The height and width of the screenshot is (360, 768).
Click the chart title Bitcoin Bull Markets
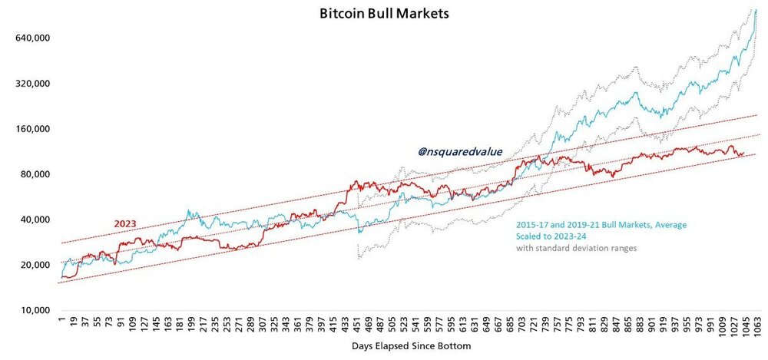[x=384, y=13]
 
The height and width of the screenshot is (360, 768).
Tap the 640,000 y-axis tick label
[x=33, y=38]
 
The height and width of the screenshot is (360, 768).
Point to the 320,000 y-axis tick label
[x=33, y=83]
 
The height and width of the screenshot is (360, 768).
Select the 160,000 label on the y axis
[x=33, y=129]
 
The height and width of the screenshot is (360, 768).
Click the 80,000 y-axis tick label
[x=36, y=174]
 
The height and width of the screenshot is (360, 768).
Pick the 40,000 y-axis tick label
[x=36, y=220]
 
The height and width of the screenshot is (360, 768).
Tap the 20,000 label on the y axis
[x=36, y=265]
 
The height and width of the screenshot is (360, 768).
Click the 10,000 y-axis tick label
[x=36, y=311]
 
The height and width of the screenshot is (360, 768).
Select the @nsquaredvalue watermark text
[x=460, y=152]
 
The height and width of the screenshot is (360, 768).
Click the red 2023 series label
[x=125, y=224]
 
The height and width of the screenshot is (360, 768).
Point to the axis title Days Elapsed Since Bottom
[x=411, y=346]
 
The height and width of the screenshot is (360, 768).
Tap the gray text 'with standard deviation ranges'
[x=576, y=249]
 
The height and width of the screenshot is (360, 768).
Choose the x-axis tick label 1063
[x=757, y=325]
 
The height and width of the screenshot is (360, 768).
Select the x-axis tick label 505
[x=391, y=324]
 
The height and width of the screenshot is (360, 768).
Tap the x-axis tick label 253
[x=227, y=324]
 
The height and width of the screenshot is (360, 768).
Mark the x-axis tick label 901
[x=652, y=324]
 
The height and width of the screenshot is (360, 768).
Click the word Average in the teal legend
[x=671, y=226]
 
